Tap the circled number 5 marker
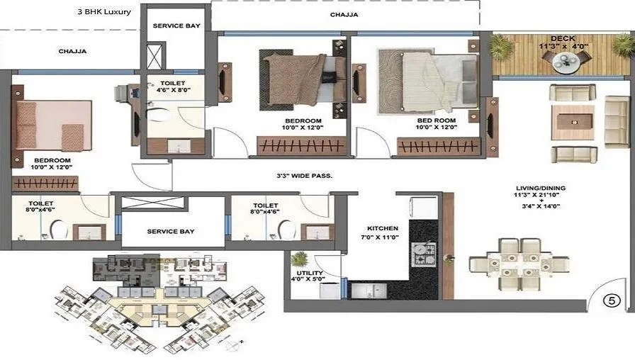tap(612, 299)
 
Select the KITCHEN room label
tap(383, 229)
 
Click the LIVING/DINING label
tap(540, 188)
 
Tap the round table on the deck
tap(566, 63)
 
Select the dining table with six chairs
tap(520, 264)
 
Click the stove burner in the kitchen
tap(425, 254)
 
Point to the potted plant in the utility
tap(300, 259)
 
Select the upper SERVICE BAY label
tap(176, 26)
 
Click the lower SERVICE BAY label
tap(171, 231)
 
